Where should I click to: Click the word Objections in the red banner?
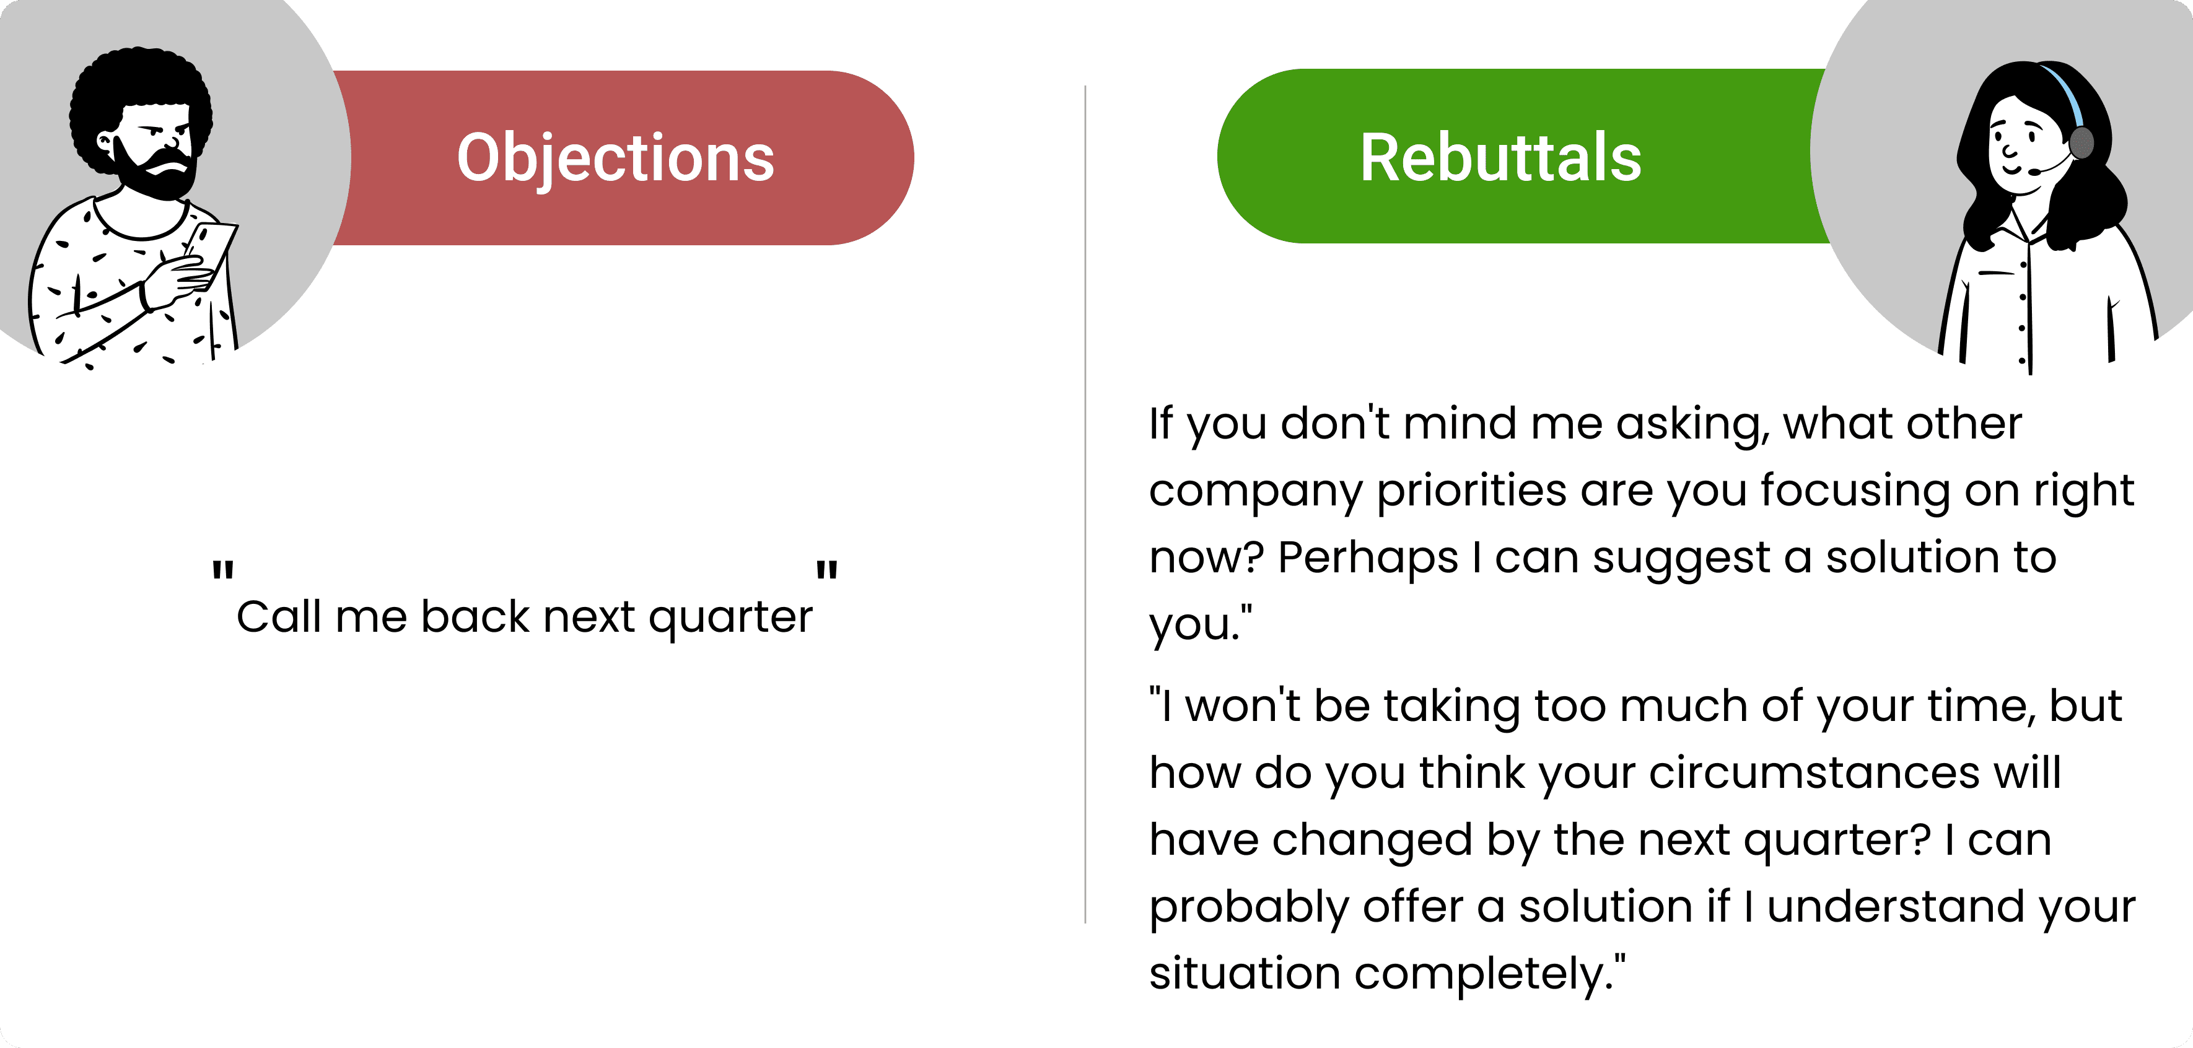616,159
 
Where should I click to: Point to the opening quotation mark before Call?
223,570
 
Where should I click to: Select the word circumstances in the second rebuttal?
1814,774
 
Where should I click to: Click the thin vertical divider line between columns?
1085,504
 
